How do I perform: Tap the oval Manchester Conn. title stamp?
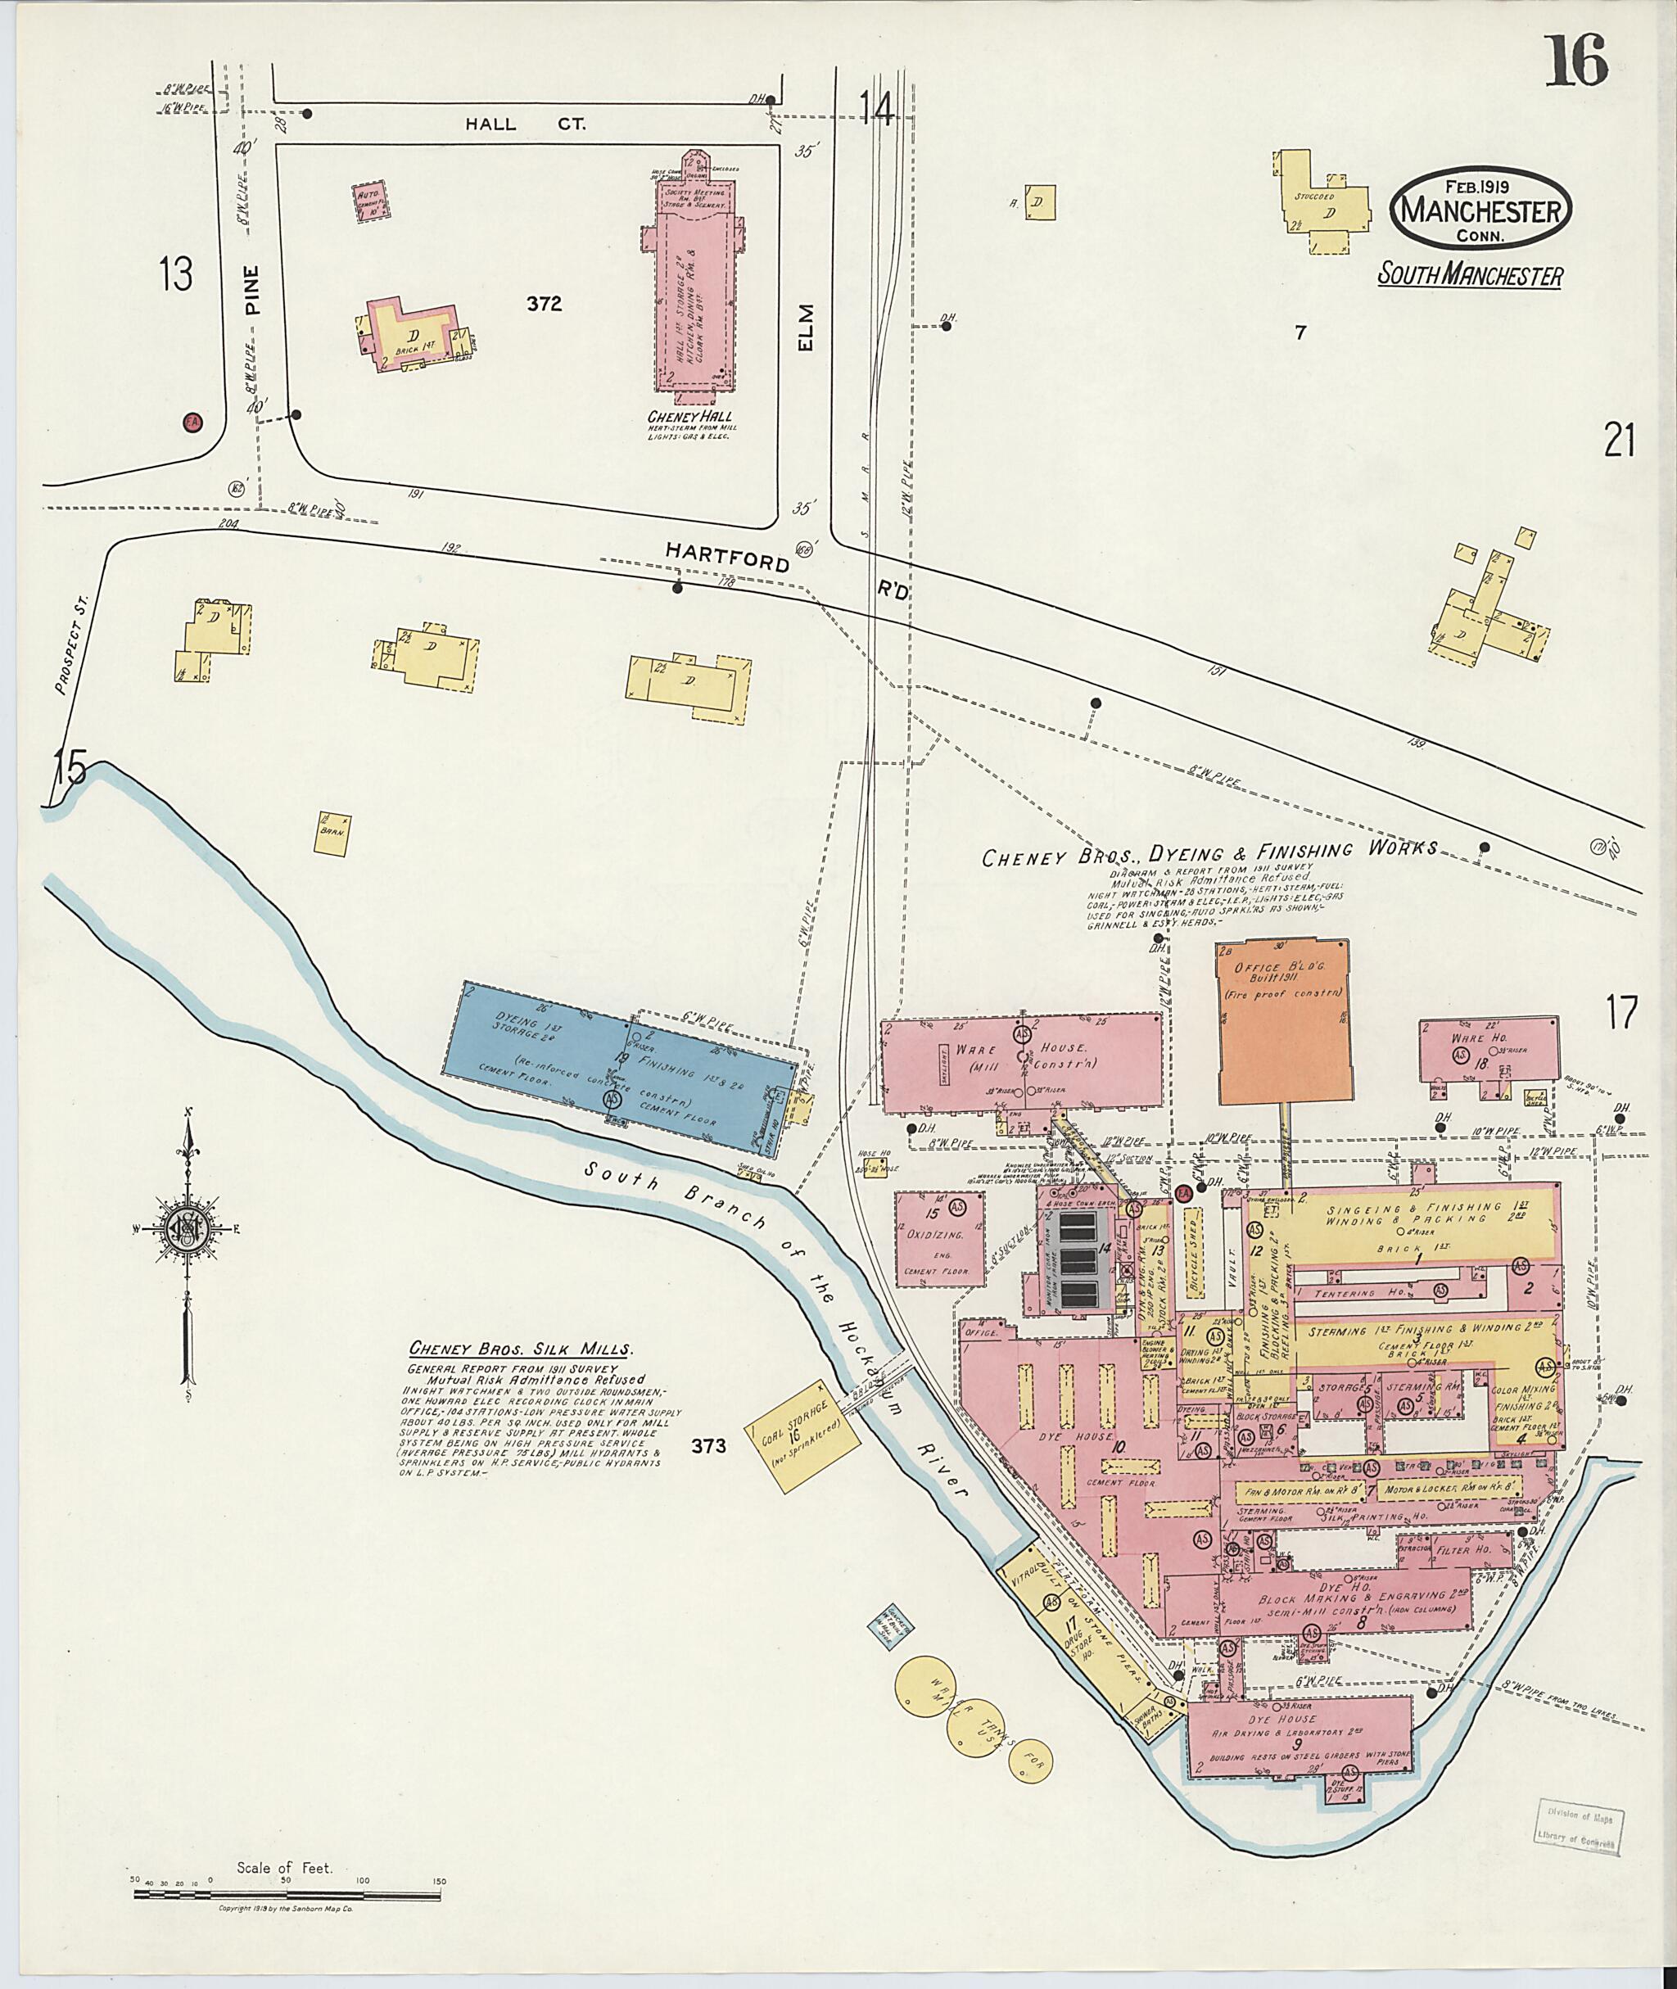tap(1481, 211)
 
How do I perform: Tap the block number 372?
tap(544, 305)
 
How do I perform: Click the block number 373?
tap(708, 1447)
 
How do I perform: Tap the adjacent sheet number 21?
tap(1619, 441)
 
